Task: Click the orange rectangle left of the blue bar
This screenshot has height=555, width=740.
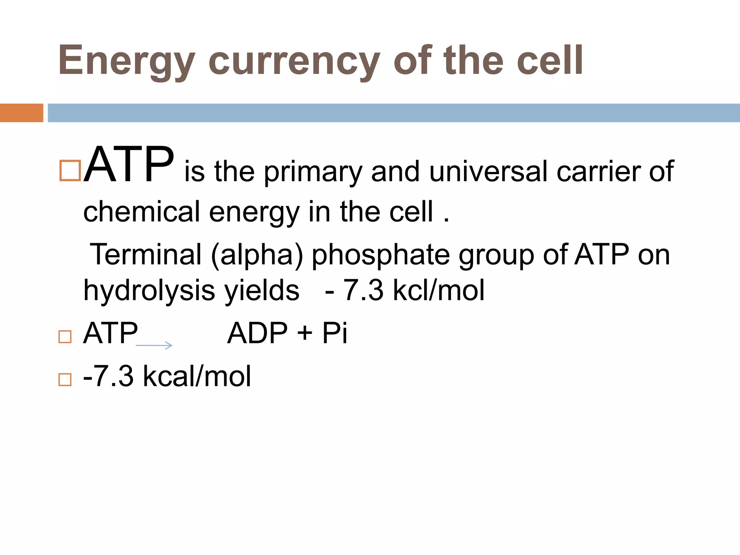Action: (x=21, y=113)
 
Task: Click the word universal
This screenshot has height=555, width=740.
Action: (x=488, y=171)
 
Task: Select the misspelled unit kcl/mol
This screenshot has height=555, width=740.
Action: (x=438, y=290)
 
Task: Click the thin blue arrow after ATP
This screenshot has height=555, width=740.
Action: (x=154, y=345)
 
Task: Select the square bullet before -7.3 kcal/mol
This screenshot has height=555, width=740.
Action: (x=65, y=379)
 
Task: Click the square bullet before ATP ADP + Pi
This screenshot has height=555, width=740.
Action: (x=65, y=337)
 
